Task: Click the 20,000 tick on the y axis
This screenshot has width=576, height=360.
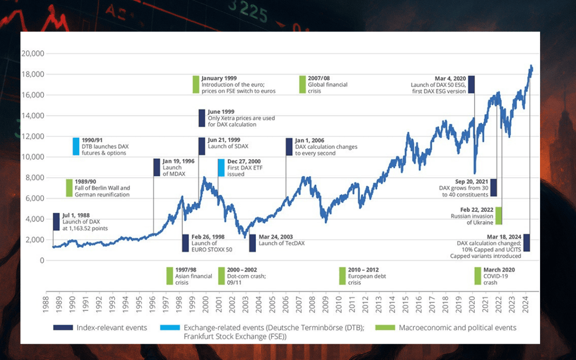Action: pyautogui.click(x=33, y=54)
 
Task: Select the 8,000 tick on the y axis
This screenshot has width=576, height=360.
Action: pyautogui.click(x=35, y=178)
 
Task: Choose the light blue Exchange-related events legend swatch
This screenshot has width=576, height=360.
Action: pyautogui.click(x=170, y=328)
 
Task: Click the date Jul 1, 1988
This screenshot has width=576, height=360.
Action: pyautogui.click(x=75, y=216)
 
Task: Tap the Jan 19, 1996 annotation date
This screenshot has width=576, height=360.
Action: pyautogui.click(x=178, y=161)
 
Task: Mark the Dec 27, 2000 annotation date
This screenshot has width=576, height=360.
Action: pyautogui.click(x=245, y=161)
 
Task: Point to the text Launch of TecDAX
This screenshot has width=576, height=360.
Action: pyautogui.click(x=281, y=243)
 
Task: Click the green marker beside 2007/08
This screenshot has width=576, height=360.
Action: pyautogui.click(x=302, y=84)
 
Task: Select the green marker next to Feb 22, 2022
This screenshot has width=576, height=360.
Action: pyautogui.click(x=499, y=216)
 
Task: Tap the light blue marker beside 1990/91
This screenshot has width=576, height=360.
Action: pyautogui.click(x=76, y=146)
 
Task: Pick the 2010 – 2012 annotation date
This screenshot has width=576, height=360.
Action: pyautogui.click(x=363, y=270)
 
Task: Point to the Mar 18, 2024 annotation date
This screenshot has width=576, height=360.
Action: pyautogui.click(x=504, y=237)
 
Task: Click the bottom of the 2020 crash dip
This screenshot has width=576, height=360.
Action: pyautogui.click(x=475, y=173)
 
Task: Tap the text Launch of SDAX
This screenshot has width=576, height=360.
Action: pyautogui.click(x=228, y=146)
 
